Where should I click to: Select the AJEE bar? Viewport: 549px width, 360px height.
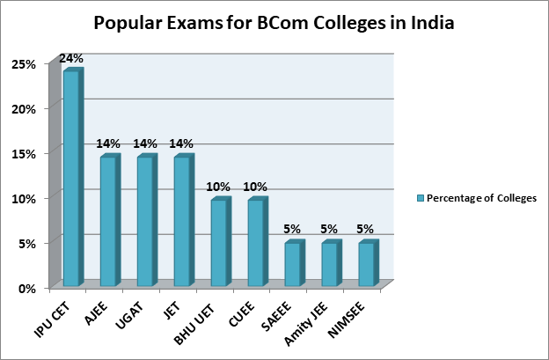pyautogui.click(x=108, y=221)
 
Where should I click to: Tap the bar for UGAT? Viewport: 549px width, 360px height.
pyautogui.click(x=145, y=221)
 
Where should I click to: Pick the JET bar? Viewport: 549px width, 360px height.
pyautogui.click(x=182, y=221)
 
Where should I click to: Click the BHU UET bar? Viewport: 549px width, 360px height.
pyautogui.click(x=219, y=243)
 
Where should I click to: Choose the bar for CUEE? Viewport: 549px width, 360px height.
pyautogui.click(x=256, y=243)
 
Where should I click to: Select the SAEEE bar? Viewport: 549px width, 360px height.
pyautogui.click(x=293, y=264)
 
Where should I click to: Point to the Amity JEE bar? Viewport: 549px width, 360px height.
pyautogui.click(x=330, y=264)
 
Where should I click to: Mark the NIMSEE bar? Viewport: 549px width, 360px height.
pyautogui.click(x=367, y=264)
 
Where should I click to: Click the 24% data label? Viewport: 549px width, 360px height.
pyautogui.click(x=71, y=58)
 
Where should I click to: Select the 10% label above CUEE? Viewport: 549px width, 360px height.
pyautogui.click(x=256, y=187)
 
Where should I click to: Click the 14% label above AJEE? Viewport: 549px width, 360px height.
pyautogui.click(x=108, y=143)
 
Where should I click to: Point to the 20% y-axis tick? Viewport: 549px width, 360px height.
pyautogui.click(x=25, y=108)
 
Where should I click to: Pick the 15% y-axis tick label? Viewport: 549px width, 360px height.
pyautogui.click(x=25, y=153)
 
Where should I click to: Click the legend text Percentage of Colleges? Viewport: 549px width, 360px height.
pyautogui.click(x=481, y=198)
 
